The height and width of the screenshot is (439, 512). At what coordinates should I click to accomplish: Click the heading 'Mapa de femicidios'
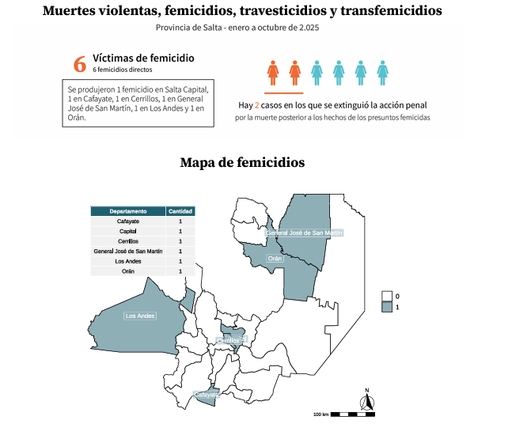(x=242, y=162)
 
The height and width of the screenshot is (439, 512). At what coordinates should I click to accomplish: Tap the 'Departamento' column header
(x=128, y=211)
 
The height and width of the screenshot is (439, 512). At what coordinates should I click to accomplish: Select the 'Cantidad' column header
(x=180, y=211)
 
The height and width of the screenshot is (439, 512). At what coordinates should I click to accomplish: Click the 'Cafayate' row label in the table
(x=128, y=221)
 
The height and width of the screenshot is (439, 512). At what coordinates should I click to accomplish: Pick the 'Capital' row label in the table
(x=128, y=231)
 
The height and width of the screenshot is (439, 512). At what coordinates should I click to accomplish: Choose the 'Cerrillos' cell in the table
(x=128, y=241)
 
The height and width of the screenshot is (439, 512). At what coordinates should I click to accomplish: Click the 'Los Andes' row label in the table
(x=128, y=261)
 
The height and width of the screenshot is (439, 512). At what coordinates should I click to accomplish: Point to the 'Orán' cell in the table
(x=128, y=271)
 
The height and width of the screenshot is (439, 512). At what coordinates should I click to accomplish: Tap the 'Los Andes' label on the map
(x=140, y=316)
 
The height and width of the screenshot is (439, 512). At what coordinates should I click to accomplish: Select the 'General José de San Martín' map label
(x=305, y=233)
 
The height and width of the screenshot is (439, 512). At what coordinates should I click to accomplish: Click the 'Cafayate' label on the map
(x=206, y=394)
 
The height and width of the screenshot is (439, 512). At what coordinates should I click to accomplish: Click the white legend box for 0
(x=387, y=296)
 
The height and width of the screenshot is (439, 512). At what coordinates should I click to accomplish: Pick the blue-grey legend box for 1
(x=387, y=306)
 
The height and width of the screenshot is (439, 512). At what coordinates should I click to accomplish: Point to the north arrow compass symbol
(x=367, y=401)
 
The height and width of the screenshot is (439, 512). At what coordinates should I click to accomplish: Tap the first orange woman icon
(x=273, y=72)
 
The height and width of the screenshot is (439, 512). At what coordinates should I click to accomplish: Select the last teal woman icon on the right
(x=383, y=72)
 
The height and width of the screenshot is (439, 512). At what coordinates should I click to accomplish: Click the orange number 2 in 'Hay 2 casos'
(x=257, y=104)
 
